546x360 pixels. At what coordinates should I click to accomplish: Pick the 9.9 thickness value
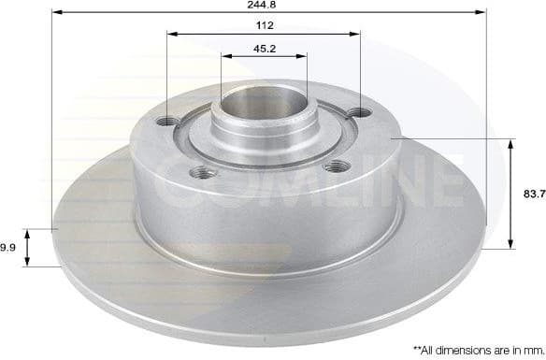pyautogui.click(x=7, y=247)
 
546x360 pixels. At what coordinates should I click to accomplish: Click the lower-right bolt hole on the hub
pyautogui.click(x=335, y=166)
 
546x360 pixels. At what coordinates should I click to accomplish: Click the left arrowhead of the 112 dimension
pyautogui.click(x=172, y=36)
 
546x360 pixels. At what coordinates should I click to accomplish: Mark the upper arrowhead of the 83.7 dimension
pyautogui.click(x=510, y=144)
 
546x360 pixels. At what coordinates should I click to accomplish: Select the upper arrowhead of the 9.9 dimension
pyautogui.click(x=28, y=232)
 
